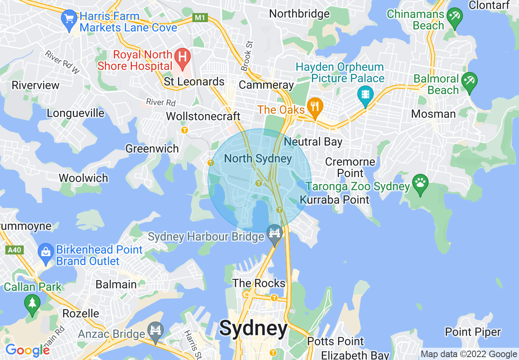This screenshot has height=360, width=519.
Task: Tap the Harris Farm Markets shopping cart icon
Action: click(69, 19)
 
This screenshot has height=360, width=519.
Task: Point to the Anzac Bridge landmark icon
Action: click(156, 330)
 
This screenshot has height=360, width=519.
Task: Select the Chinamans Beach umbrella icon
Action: click(454, 17)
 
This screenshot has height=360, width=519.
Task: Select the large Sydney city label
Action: click(253, 328)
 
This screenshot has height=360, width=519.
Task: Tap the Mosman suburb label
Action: click(433, 114)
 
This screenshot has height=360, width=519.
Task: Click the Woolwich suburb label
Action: click(83, 178)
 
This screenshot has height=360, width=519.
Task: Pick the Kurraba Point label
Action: click(334, 200)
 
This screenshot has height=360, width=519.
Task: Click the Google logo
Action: click(27, 350)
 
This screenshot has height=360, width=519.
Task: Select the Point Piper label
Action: click(473, 332)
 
